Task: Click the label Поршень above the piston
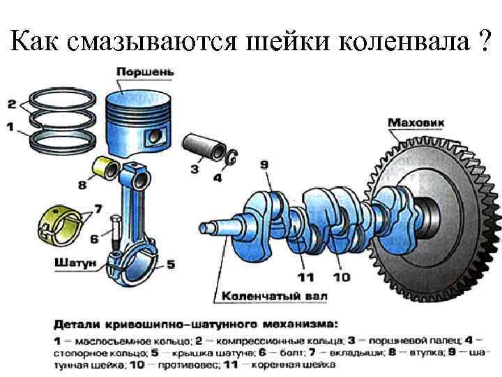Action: point(145,72)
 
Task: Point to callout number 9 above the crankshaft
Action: point(264,165)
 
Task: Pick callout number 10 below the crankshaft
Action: point(341,277)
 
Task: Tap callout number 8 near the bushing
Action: point(82,186)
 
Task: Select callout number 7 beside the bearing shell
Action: point(98,208)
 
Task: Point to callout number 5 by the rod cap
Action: point(171,264)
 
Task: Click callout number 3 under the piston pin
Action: point(195,169)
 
